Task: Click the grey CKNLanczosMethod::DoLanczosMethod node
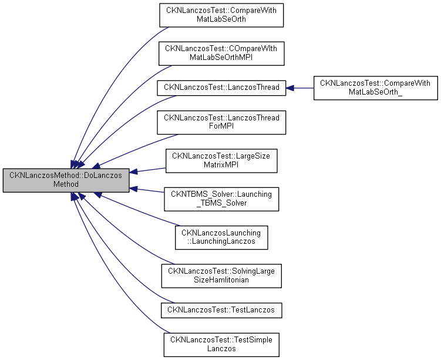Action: coord(66,180)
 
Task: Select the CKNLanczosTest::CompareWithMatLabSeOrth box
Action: coord(221,14)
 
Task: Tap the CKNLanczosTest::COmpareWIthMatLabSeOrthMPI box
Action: coord(221,53)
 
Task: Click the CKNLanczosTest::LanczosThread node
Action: coord(221,87)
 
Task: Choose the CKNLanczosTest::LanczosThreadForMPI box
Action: coord(221,122)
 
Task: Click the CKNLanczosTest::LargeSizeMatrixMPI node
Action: coord(221,160)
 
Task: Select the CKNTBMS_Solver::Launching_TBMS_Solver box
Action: coord(221,199)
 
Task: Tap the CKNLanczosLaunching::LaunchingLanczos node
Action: coord(221,237)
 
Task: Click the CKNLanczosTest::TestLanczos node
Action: coord(221,309)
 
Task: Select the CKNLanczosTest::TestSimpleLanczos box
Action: coord(221,344)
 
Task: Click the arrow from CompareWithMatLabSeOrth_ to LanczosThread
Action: coord(299,88)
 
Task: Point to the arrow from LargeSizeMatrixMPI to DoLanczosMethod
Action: coord(147,170)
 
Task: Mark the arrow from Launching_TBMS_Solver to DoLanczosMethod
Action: coord(147,191)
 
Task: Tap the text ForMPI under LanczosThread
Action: coord(221,127)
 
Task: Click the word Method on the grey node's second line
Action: coord(66,184)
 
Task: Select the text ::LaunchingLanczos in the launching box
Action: coord(221,242)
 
